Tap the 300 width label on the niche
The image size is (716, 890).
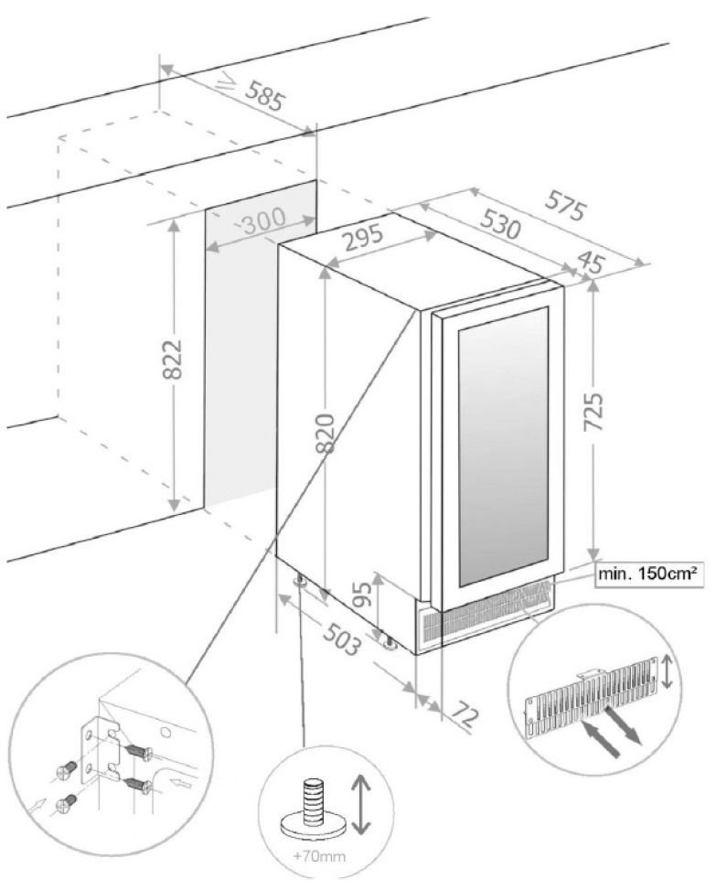[x=263, y=220]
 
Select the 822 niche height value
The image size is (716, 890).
[x=172, y=359]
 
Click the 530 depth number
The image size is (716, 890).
[x=500, y=223]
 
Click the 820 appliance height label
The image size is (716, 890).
[x=326, y=434]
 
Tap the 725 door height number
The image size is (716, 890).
[x=593, y=412]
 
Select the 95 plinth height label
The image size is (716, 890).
[x=364, y=594]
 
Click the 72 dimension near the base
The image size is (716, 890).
[x=465, y=717]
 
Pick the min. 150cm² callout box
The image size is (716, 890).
[x=647, y=574]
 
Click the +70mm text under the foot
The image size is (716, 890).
[x=319, y=856]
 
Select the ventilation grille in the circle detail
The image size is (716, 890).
[x=590, y=696]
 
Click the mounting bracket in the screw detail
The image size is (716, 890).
[x=102, y=750]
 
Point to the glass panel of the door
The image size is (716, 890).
[x=503, y=446]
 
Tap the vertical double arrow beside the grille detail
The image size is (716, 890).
[x=668, y=671]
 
